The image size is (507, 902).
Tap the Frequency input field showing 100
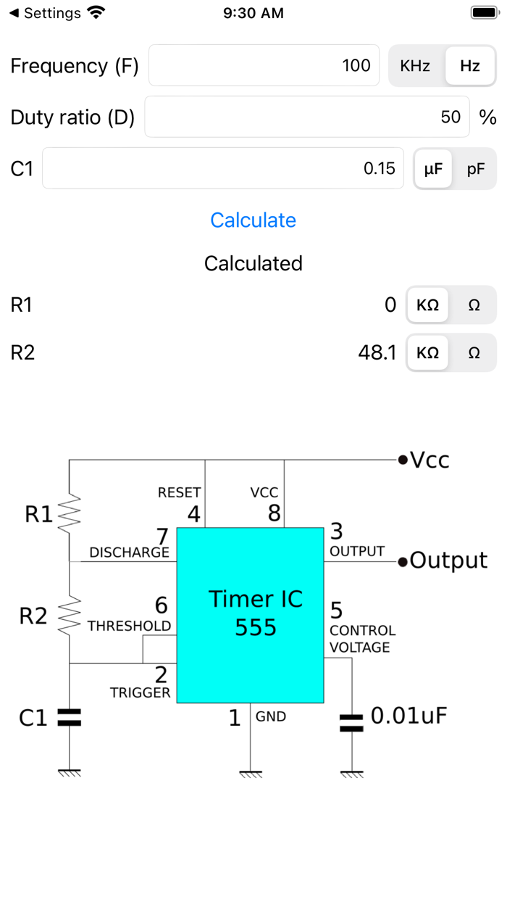point(264,66)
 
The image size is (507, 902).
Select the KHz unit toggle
point(415,66)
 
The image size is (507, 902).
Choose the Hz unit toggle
point(470,66)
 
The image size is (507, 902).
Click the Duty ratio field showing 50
point(306,117)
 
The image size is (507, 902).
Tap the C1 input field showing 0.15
point(222,168)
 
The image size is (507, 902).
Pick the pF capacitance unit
point(476,169)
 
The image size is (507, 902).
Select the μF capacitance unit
point(432,169)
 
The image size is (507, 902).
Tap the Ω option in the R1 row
point(474,305)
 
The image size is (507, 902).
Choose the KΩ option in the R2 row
point(427,352)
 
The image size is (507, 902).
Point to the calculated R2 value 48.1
point(377,352)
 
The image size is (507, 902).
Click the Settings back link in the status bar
point(45,13)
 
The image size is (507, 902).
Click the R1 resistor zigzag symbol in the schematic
point(70,514)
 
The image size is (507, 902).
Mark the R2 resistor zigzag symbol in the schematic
point(70,616)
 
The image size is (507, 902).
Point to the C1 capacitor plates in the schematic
point(70,718)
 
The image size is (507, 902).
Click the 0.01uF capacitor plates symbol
point(352,722)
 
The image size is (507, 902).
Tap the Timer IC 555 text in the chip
point(256,613)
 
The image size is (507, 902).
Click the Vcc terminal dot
point(402,460)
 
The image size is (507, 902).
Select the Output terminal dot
point(402,560)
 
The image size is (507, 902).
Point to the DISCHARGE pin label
point(129,553)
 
